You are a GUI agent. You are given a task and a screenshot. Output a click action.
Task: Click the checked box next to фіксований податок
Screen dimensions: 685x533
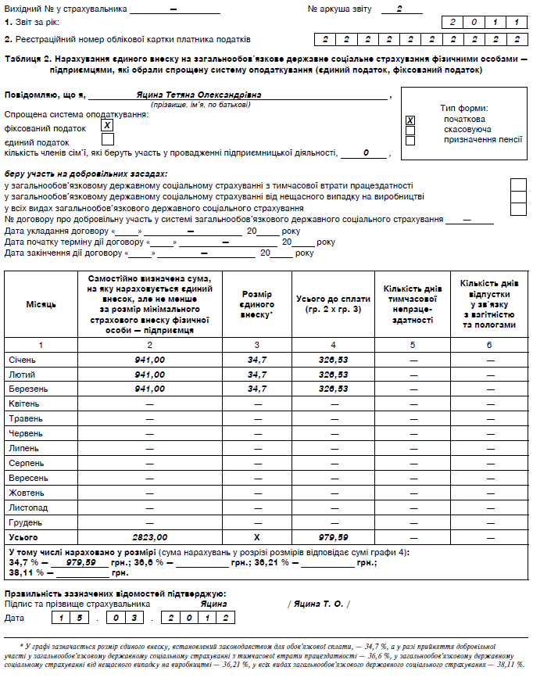coord(108,125)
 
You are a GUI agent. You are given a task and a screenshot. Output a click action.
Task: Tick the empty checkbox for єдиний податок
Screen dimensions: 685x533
coord(108,139)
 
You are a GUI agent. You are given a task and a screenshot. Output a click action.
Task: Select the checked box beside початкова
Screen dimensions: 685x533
coord(410,120)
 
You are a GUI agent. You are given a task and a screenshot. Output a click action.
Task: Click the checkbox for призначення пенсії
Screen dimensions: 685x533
coord(410,141)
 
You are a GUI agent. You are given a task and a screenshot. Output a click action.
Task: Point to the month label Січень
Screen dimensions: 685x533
coord(22,360)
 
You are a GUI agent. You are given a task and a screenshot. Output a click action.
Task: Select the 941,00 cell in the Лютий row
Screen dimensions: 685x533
coord(150,374)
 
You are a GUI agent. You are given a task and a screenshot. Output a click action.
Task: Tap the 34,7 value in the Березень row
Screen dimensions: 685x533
coord(257,388)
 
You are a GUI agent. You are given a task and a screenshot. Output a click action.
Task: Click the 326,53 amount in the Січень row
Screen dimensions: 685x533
coord(334,360)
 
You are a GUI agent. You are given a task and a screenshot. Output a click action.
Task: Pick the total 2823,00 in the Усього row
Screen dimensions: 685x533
coord(150,537)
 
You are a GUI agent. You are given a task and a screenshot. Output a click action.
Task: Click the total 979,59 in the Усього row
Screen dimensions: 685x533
coord(334,537)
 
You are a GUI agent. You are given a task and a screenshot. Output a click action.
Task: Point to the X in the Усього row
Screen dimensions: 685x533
coord(257,537)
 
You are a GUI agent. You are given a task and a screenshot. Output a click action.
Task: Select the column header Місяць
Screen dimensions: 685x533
coord(41,303)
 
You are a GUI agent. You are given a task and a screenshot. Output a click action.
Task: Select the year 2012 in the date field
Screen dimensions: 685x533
coord(199,619)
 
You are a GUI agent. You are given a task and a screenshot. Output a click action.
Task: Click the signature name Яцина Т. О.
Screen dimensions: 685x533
coord(318,604)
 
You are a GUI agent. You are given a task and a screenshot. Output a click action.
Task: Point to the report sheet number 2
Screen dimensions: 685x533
coord(399,9)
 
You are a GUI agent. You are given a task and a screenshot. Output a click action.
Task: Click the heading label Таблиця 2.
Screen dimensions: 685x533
coord(29,59)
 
